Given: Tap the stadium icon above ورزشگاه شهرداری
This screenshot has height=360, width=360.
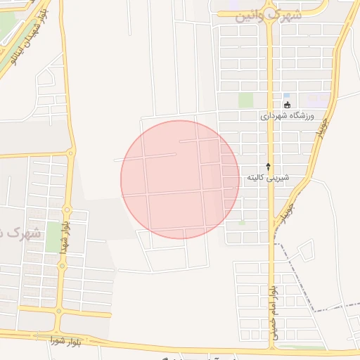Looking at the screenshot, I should pos(287,105).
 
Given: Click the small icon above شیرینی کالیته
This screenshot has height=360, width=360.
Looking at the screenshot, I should pos(267,166).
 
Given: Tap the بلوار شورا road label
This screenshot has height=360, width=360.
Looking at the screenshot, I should pos(66,342).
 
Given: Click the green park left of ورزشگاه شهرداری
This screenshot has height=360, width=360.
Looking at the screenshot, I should pos(245,101).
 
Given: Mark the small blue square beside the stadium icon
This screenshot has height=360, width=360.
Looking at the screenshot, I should pos(286,96).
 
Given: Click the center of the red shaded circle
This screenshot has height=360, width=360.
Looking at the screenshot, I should pos(180,179).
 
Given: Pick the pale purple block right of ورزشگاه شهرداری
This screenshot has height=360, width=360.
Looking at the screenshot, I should pos(316,100).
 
